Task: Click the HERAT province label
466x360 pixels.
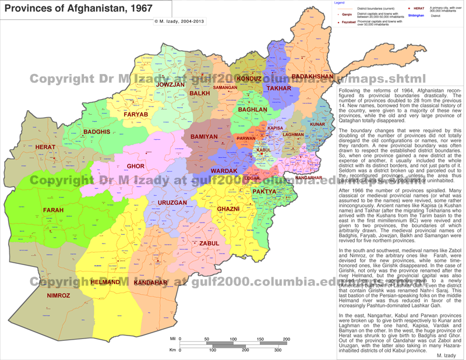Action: point(45,147)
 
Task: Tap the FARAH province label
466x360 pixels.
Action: point(53,210)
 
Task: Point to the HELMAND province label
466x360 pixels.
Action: point(105,283)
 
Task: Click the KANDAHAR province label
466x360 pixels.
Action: point(150,283)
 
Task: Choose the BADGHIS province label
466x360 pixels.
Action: point(97,132)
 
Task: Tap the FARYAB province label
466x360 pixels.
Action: point(136,115)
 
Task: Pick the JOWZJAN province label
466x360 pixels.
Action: point(170,85)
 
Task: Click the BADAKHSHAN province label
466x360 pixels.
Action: point(312,77)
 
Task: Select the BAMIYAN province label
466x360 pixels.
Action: point(204,137)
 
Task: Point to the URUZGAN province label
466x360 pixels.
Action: point(172,203)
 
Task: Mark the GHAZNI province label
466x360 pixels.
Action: point(228,209)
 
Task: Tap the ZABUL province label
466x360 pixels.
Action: point(209,243)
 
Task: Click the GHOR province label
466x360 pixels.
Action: point(135,167)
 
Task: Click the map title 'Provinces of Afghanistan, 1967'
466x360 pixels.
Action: point(79,9)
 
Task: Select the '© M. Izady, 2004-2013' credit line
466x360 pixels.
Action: point(179,22)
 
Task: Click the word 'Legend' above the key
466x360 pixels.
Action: point(339,3)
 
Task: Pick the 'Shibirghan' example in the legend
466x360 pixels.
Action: point(416,16)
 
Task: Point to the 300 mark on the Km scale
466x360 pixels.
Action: point(278,350)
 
